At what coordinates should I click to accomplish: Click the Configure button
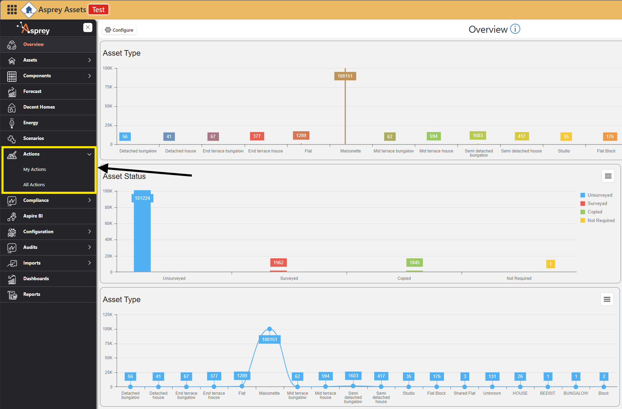[x=119, y=30]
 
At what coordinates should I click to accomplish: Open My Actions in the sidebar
[x=34, y=170]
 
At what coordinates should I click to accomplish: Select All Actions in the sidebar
[x=34, y=185]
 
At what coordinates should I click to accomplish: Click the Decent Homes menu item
[x=39, y=107]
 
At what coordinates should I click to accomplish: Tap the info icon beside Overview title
[x=515, y=29]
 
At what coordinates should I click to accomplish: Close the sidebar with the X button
[x=88, y=27]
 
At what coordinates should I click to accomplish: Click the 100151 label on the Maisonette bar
[x=345, y=76]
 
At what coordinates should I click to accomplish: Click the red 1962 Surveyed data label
[x=278, y=262]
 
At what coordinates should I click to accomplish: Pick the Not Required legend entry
[x=601, y=220]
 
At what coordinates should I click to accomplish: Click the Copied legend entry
[x=594, y=212]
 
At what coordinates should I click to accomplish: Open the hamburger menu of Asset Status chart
[x=608, y=176]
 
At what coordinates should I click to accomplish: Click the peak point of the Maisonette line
[x=269, y=329]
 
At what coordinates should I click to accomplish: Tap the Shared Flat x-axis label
[x=464, y=393]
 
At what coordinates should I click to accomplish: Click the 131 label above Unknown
[x=492, y=376]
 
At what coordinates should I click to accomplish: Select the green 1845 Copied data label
[x=414, y=262]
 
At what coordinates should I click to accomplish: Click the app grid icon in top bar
[x=12, y=9]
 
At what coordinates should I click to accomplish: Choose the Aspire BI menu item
[x=33, y=216]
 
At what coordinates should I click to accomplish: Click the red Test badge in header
[x=98, y=10]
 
